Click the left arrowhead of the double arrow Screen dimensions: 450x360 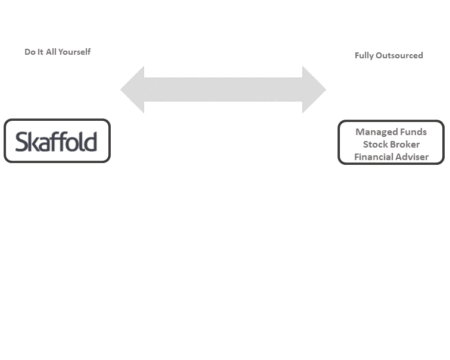(132, 89)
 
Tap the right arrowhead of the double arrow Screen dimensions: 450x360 (314, 89)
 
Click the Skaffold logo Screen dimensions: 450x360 (56, 141)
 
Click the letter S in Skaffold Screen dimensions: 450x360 (21, 142)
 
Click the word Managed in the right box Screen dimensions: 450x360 (372, 132)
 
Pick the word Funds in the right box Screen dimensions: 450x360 (409, 132)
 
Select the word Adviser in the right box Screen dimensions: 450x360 (412, 157)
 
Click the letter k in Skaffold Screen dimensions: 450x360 (33, 142)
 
